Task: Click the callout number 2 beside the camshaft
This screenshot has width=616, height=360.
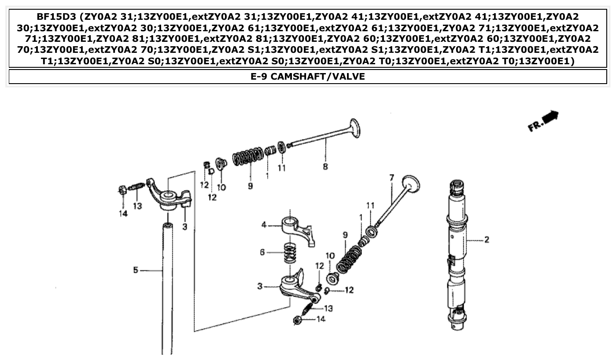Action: pyautogui.click(x=487, y=240)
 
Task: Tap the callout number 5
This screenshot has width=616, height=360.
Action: pyautogui.click(x=136, y=270)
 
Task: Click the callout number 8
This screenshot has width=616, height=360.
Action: pyautogui.click(x=325, y=167)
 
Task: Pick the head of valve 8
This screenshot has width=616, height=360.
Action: pyautogui.click(x=355, y=128)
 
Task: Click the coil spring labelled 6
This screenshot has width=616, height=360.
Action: pyautogui.click(x=289, y=253)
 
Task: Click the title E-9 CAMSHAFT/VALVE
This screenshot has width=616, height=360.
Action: pyautogui.click(x=307, y=77)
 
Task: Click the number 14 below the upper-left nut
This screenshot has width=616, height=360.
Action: pyautogui.click(x=122, y=213)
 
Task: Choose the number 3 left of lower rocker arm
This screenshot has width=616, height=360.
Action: pyautogui.click(x=261, y=287)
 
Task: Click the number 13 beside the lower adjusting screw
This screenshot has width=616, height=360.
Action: pyautogui.click(x=328, y=308)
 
